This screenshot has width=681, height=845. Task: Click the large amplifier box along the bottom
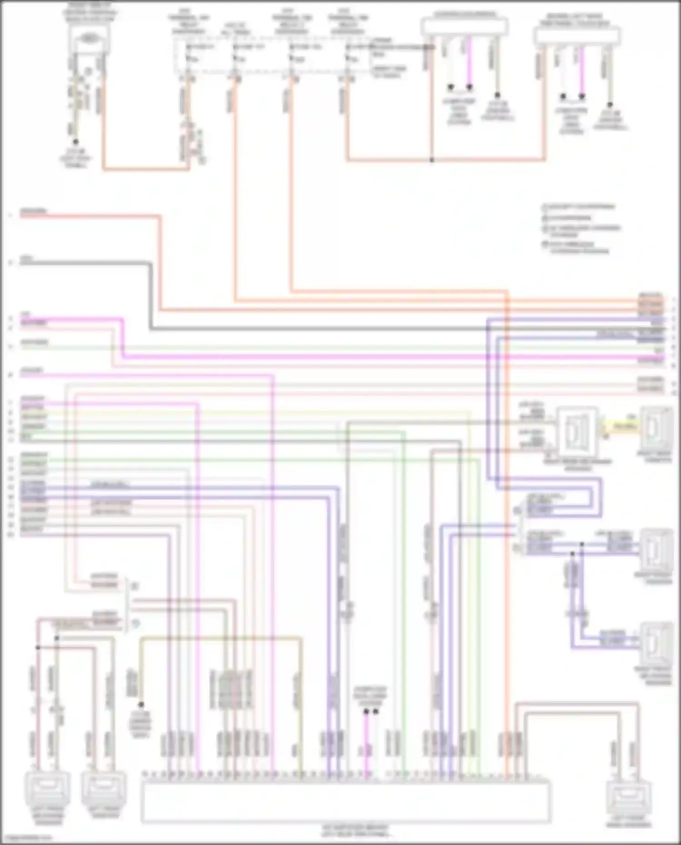pyautogui.click(x=345, y=801)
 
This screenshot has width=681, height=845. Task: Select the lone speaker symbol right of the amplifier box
pyautogui.click(x=629, y=799)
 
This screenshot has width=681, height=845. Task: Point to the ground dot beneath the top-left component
pyautogui.click(x=76, y=142)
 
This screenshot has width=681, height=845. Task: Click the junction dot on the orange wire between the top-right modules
pyautogui.click(x=432, y=160)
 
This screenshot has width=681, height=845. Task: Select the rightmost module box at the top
pyautogui.click(x=577, y=36)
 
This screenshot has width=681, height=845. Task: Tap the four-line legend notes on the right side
pyautogui.click(x=579, y=228)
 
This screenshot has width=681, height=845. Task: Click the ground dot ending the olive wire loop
pyautogui.click(x=141, y=705)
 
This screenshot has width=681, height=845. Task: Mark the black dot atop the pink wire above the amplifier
pyautogui.click(x=366, y=712)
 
